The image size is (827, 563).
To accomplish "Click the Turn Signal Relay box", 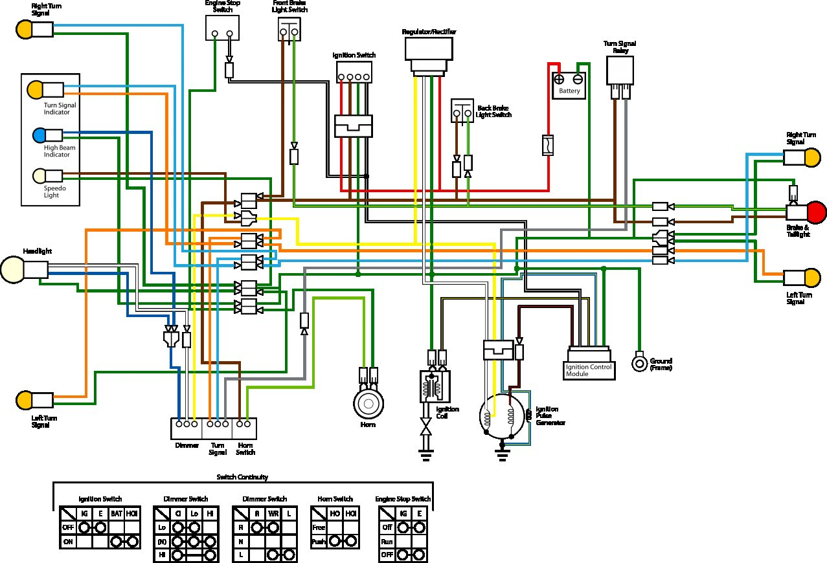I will [620, 71].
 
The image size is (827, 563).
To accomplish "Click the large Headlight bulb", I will [13, 269].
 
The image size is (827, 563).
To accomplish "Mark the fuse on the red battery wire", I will [547, 146].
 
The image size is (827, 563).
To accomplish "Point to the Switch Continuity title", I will [242, 477].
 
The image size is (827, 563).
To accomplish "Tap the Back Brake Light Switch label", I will [494, 111].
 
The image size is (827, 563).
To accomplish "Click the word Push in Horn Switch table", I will [319, 541].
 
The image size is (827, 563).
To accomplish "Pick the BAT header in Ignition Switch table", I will [116, 513].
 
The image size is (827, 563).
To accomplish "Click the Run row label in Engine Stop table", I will [386, 541].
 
